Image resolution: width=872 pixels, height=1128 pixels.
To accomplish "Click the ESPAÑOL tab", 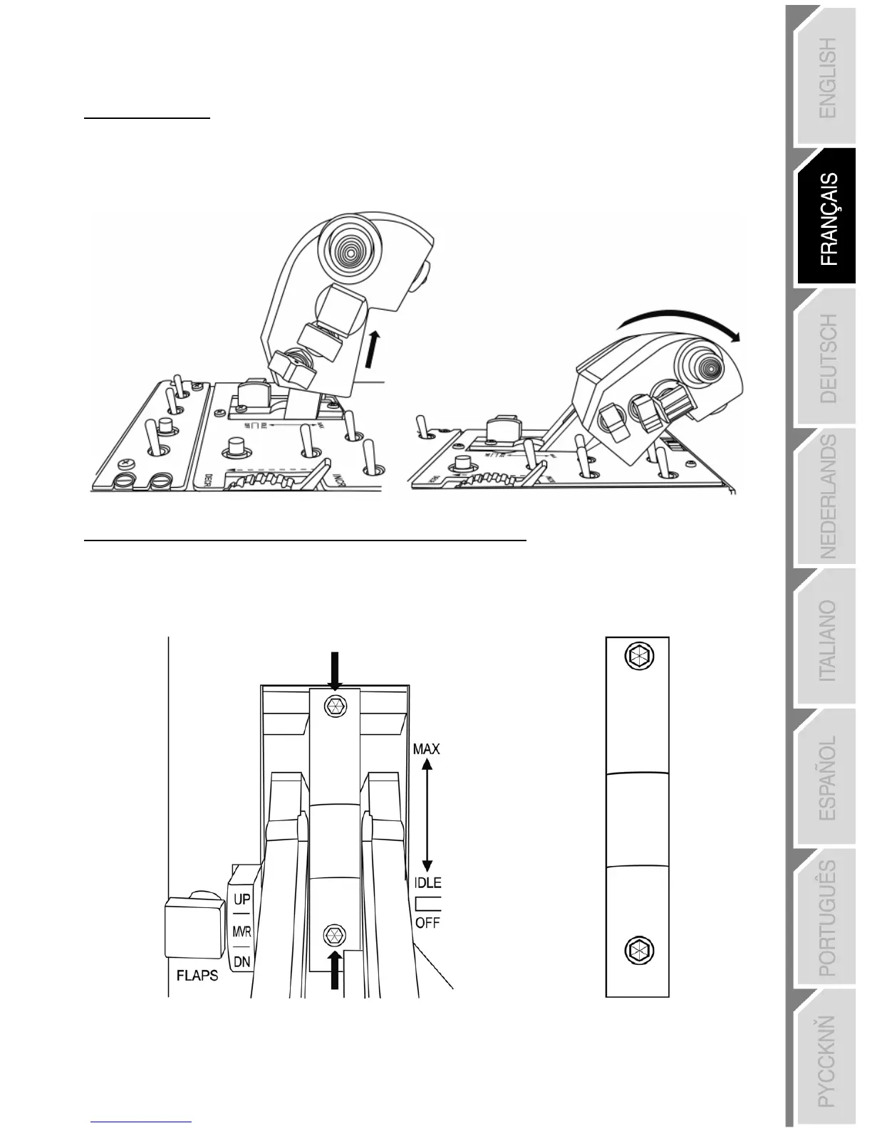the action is click(x=827, y=778).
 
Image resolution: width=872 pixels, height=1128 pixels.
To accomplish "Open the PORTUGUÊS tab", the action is click(x=827, y=918).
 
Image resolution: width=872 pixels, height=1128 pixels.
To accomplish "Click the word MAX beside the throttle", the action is click(x=427, y=748).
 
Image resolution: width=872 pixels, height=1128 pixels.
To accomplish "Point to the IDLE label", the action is click(x=427, y=882).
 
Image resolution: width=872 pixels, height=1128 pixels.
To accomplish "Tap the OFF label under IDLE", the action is click(x=427, y=922).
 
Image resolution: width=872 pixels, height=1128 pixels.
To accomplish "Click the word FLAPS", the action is click(x=197, y=975).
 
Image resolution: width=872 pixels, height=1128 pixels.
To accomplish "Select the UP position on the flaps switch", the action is click(x=242, y=899).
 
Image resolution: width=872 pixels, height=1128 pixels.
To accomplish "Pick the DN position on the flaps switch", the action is click(x=242, y=961).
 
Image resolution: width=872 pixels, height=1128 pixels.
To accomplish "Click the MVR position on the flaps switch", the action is click(x=242, y=931).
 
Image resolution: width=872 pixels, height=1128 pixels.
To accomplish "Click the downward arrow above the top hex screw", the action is click(x=337, y=669).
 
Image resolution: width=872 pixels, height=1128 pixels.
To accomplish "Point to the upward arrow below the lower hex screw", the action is click(x=333, y=970).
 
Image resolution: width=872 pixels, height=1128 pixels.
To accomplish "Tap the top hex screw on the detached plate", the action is click(x=638, y=656).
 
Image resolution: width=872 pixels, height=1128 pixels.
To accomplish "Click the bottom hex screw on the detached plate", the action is click(x=638, y=949).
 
